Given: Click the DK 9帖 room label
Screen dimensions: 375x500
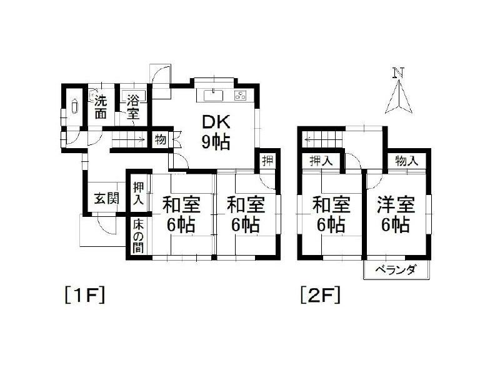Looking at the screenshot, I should pyautogui.click(x=215, y=132).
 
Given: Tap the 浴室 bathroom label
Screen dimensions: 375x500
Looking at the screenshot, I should pyautogui.click(x=133, y=107).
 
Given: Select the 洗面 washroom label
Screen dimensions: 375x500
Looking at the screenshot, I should pyautogui.click(x=101, y=107).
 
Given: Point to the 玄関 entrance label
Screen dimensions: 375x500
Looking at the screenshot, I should pyautogui.click(x=106, y=199).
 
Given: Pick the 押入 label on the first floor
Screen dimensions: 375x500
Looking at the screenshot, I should pyautogui.click(x=138, y=194).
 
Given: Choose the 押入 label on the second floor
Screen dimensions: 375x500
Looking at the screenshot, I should pyautogui.click(x=321, y=161).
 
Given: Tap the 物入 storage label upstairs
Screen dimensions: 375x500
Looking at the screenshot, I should pyautogui.click(x=406, y=161).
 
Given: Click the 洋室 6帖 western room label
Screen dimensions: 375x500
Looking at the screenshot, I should pyautogui.click(x=394, y=214).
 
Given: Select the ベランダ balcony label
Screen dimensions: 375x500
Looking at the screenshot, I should pyautogui.click(x=396, y=270).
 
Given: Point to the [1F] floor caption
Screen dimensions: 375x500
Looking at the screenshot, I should pyautogui.click(x=82, y=294).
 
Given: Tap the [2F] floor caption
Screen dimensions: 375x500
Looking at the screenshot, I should pyautogui.click(x=320, y=294).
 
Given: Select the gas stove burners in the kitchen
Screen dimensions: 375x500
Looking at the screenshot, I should pyautogui.click(x=241, y=96).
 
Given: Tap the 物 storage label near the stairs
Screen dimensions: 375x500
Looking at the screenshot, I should pyautogui.click(x=160, y=139).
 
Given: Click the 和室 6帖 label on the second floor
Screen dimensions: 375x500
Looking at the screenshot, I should pyautogui.click(x=331, y=214).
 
